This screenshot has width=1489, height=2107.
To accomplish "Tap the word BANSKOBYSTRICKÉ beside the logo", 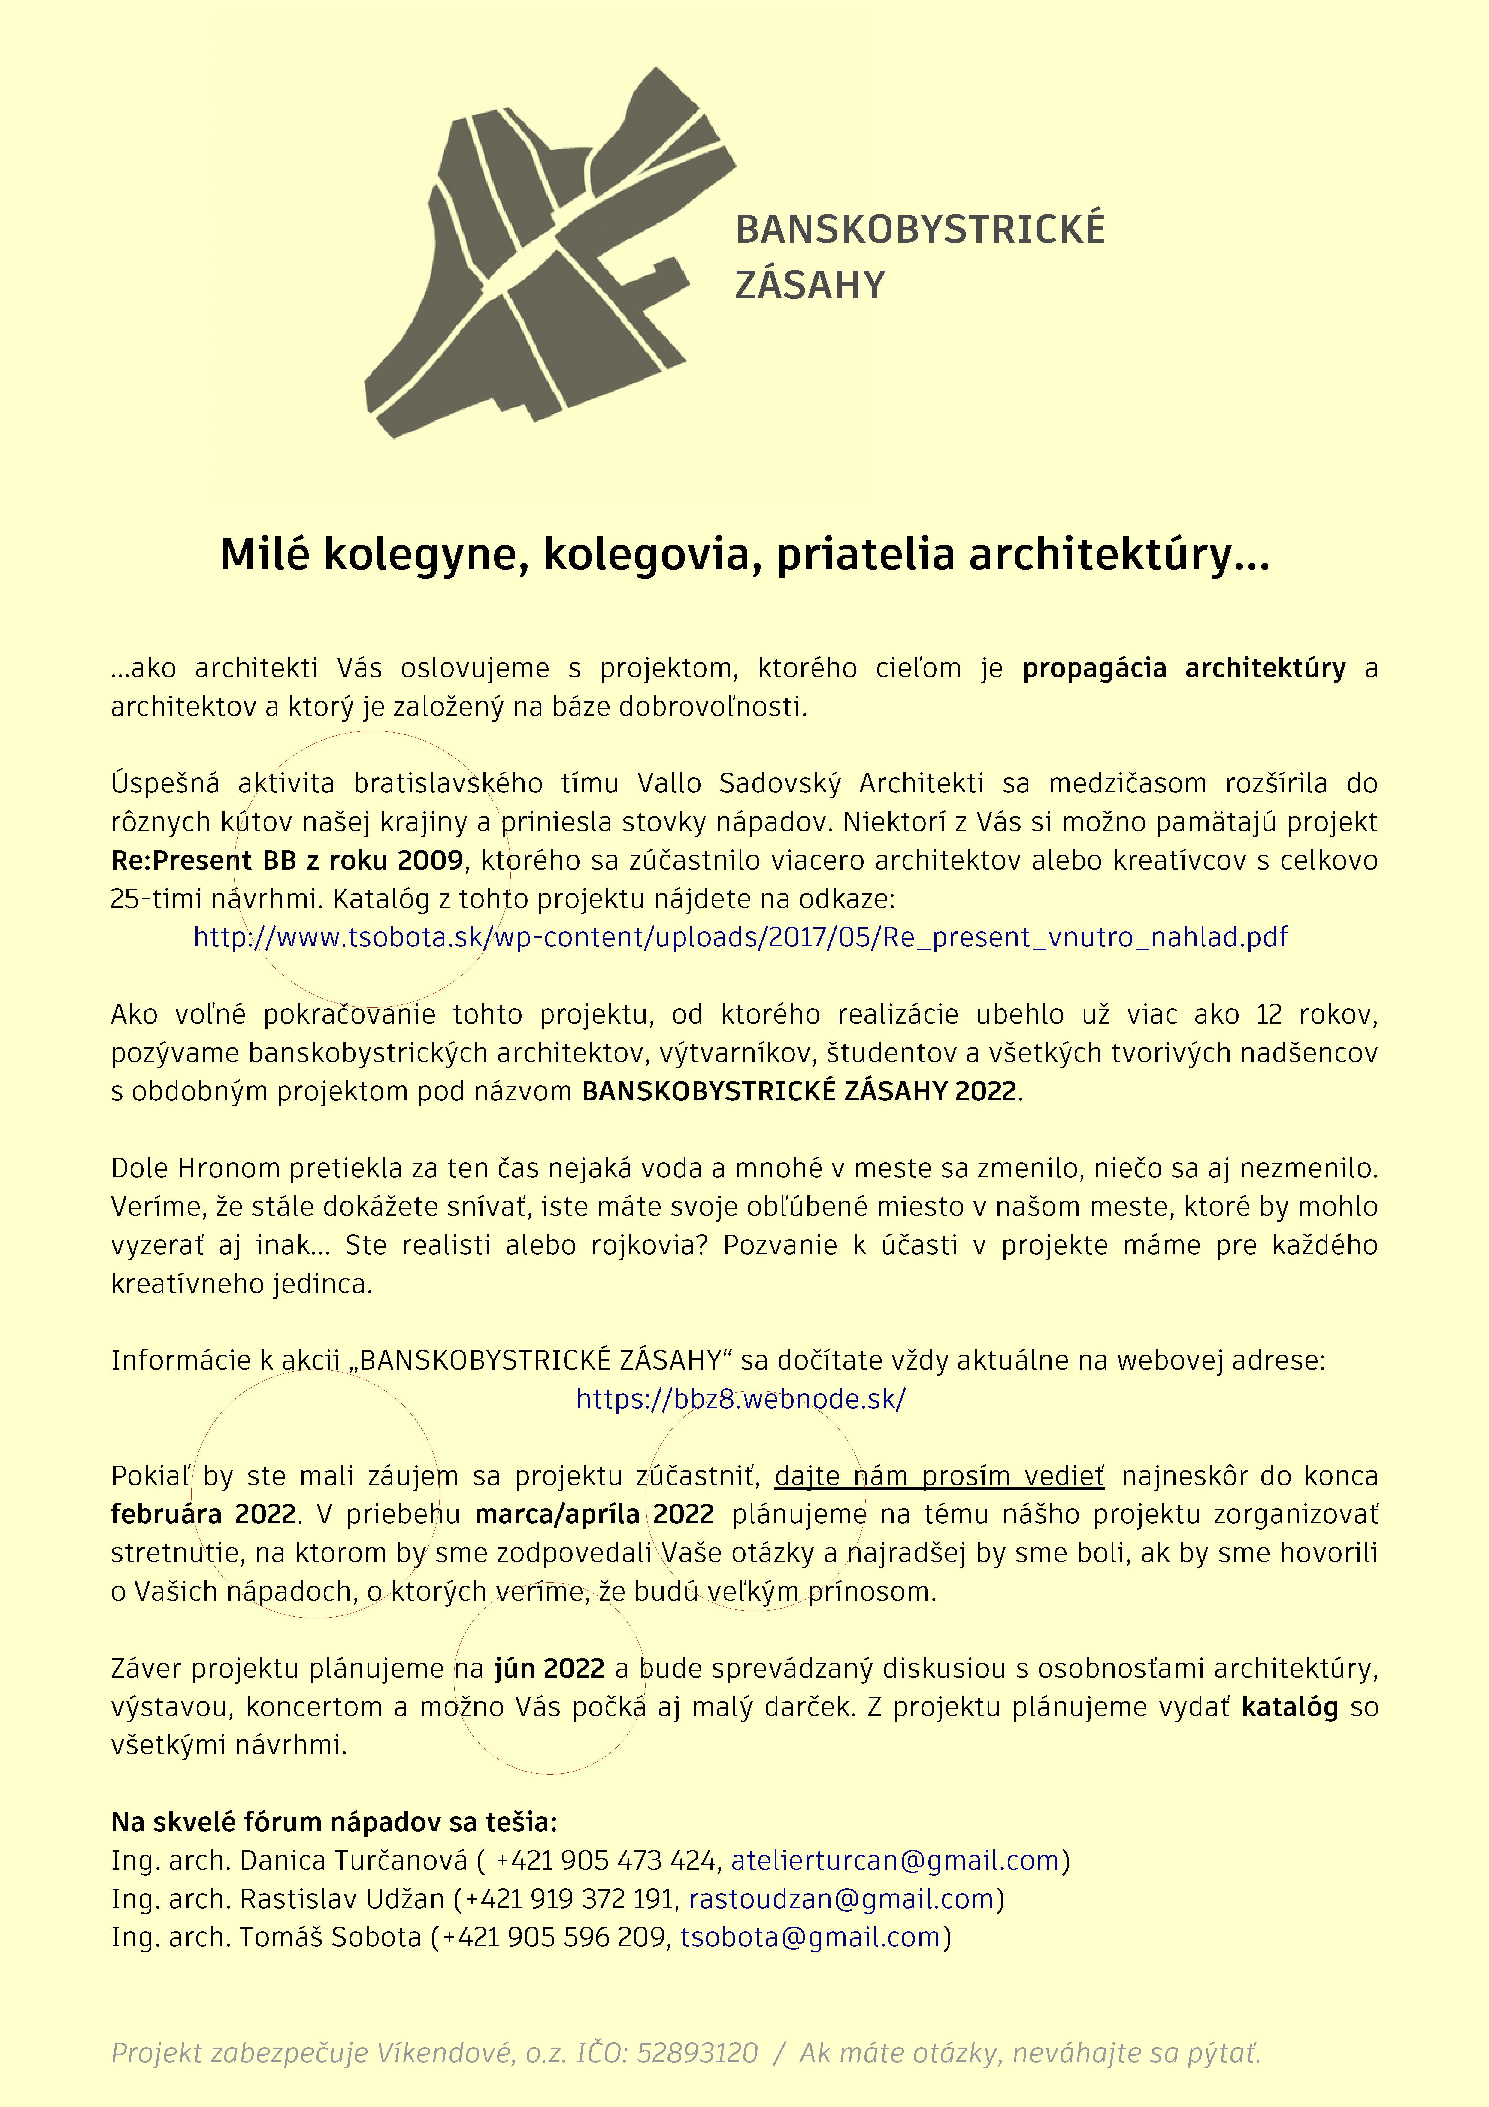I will [920, 230].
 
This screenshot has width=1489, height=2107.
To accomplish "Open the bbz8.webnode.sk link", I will [740, 1399].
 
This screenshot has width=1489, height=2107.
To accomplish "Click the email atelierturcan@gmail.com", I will [894, 1860].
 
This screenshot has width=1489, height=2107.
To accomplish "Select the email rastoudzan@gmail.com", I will [841, 1899].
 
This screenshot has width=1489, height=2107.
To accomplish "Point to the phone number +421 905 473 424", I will [606, 1860].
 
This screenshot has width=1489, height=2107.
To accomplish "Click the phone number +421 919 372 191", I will [569, 1899].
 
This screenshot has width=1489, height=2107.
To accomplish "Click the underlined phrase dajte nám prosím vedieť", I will [940, 1476].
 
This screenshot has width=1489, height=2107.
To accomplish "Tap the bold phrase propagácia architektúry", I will [1184, 668].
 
